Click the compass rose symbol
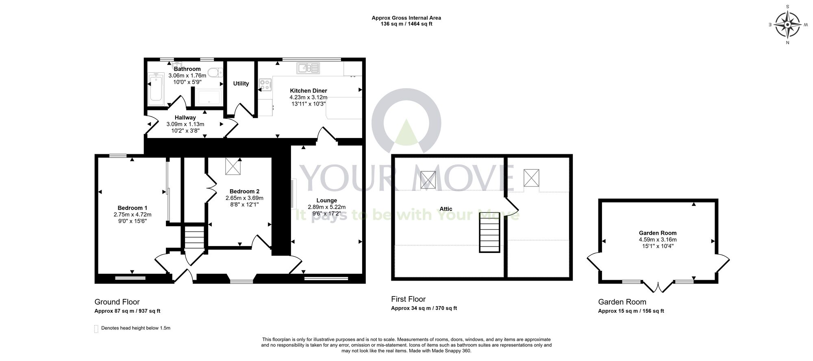pos(787,25)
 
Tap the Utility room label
pos(241,84)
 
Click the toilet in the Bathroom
pos(214,73)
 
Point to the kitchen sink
pos(309,68)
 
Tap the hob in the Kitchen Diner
pos(265,84)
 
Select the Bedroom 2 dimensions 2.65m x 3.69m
pos(244,198)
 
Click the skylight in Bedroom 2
pos(233,166)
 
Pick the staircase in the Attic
pos(489,233)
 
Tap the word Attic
pos(446,209)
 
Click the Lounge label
pos(327,201)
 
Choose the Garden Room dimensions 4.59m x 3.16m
pos(658,240)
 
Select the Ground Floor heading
pos(117,302)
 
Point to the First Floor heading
pos(408,299)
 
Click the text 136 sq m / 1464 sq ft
pos(406,24)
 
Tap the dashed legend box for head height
pos(96,329)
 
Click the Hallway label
pos(185,118)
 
